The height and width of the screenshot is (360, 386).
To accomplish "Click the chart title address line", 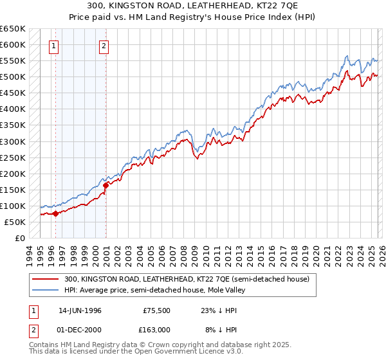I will [192, 6].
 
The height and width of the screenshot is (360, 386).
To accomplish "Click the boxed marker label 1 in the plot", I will [53, 46].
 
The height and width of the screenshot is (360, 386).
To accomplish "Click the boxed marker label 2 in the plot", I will [104, 46].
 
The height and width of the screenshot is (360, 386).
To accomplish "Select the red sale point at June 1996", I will [55, 213].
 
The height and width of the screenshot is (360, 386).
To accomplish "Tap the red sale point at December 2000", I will [106, 186].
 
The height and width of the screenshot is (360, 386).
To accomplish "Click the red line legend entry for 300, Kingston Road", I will [187, 279].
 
